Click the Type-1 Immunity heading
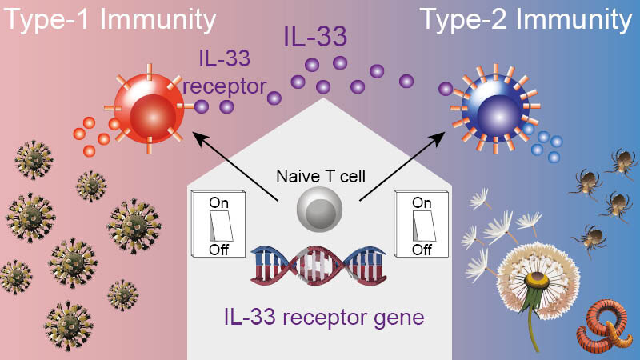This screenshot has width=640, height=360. (110, 19)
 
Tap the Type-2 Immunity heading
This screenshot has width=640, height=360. (526, 19)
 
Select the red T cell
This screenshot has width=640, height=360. (150, 109)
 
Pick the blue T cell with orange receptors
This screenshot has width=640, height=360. (495, 108)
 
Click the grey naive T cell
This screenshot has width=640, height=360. (319, 209)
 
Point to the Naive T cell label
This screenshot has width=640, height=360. (321, 176)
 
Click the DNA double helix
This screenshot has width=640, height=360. (318, 266)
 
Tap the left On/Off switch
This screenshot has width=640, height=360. (218, 224)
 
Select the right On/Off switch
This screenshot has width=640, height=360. (422, 224)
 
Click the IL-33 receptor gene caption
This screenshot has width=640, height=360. (324, 317)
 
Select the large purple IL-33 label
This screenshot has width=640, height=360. (315, 36)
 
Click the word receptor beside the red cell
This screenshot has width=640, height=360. (225, 86)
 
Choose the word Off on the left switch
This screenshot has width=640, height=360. (218, 250)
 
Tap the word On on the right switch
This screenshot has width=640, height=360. (422, 202)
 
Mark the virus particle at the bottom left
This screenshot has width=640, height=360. (68, 326)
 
